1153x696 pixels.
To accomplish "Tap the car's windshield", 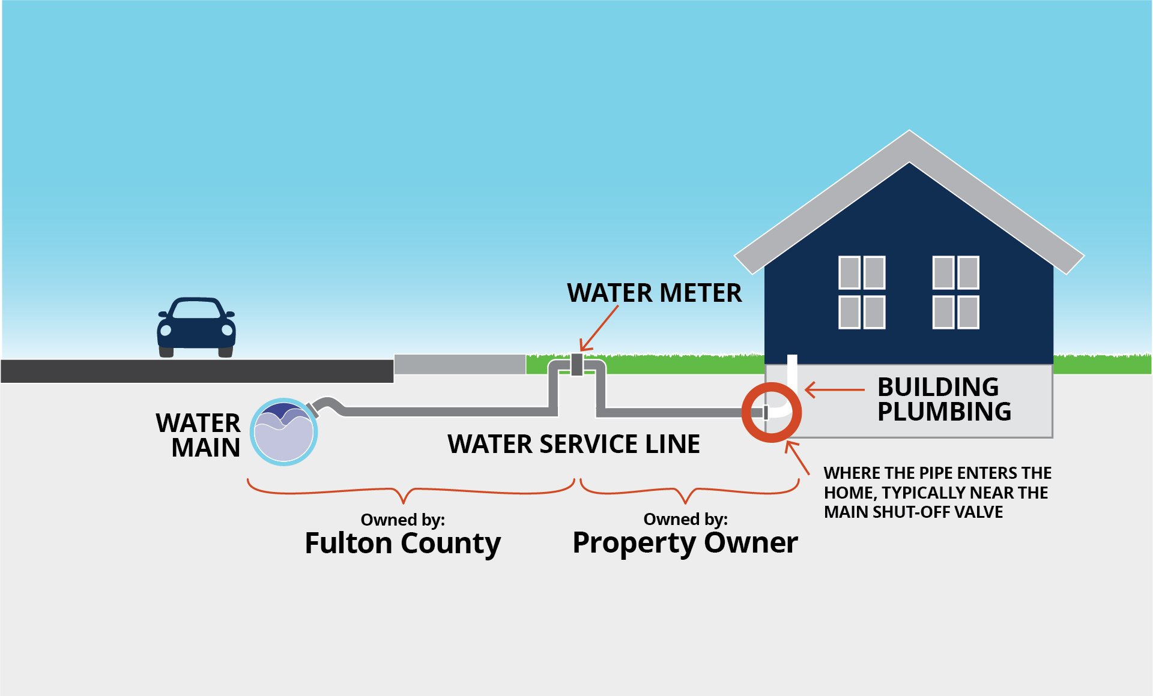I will [x=196, y=310].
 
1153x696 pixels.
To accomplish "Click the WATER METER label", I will [x=654, y=293].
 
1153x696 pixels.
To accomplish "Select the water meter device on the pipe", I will [x=576, y=364].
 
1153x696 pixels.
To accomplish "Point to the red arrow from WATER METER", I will [x=599, y=328].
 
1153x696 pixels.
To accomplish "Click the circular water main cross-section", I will [x=283, y=432].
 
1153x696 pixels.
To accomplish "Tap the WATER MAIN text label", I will [x=199, y=435].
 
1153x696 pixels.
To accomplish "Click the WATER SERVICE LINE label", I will [x=573, y=444].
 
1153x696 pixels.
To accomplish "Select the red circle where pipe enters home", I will [x=771, y=413].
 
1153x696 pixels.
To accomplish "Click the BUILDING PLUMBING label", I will [x=943, y=399].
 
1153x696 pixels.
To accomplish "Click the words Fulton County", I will [x=402, y=543].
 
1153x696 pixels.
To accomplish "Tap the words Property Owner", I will [x=685, y=542].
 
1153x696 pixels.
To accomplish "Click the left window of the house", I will [x=861, y=292].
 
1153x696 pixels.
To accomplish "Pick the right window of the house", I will [x=955, y=292].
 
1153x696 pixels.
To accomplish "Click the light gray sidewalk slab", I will [x=459, y=364].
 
